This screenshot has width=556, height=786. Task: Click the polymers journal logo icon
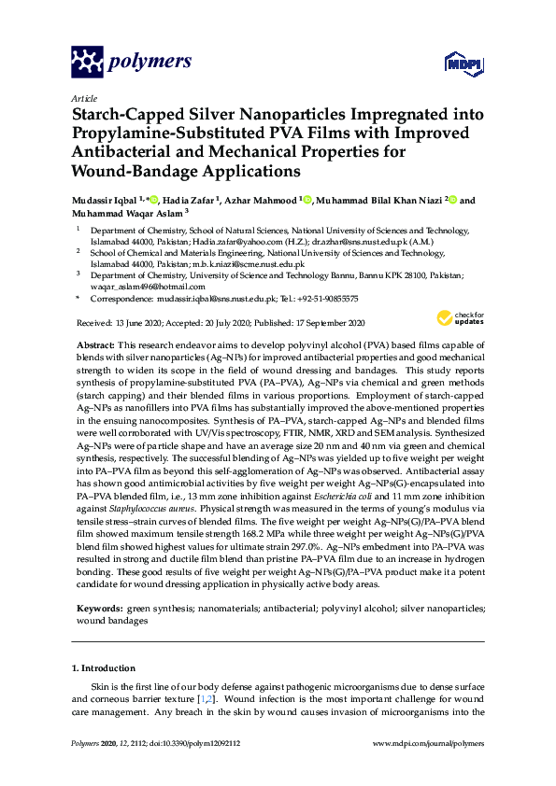86,63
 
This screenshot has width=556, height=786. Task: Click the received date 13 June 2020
139,322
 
